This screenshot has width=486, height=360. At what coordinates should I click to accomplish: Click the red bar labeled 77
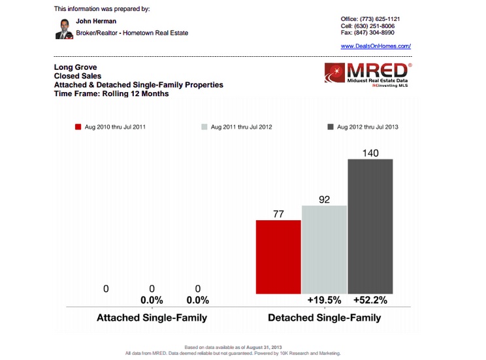pyautogui.click(x=278, y=256)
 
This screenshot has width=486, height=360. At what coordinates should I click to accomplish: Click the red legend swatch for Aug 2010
pyautogui.click(x=78, y=127)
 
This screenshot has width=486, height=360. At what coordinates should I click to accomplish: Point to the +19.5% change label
pyautogui.click(x=324, y=301)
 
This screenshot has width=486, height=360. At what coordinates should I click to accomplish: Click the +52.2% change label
pyautogui.click(x=370, y=301)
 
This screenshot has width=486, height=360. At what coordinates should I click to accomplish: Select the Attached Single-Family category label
pyautogui.click(x=152, y=318)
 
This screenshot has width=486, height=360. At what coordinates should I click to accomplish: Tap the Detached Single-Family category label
pyautogui.click(x=324, y=318)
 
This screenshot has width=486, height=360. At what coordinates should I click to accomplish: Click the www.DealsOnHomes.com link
pyautogui.click(x=376, y=46)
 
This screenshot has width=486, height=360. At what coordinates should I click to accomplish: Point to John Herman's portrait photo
pyautogui.click(x=63, y=29)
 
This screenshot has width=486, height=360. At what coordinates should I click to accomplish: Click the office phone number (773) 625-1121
pyautogui.click(x=388, y=19)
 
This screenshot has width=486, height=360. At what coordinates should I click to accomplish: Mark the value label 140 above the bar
pyautogui.click(x=370, y=152)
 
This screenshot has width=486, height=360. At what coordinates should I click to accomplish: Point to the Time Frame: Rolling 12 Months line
pyautogui.click(x=111, y=93)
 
